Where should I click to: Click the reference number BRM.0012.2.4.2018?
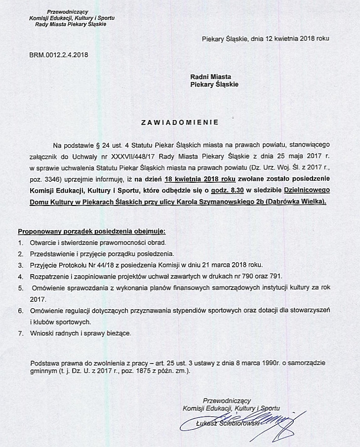pos(59,55)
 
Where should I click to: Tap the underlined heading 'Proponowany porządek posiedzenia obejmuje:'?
pos(92,231)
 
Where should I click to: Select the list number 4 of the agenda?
pos(20,276)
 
